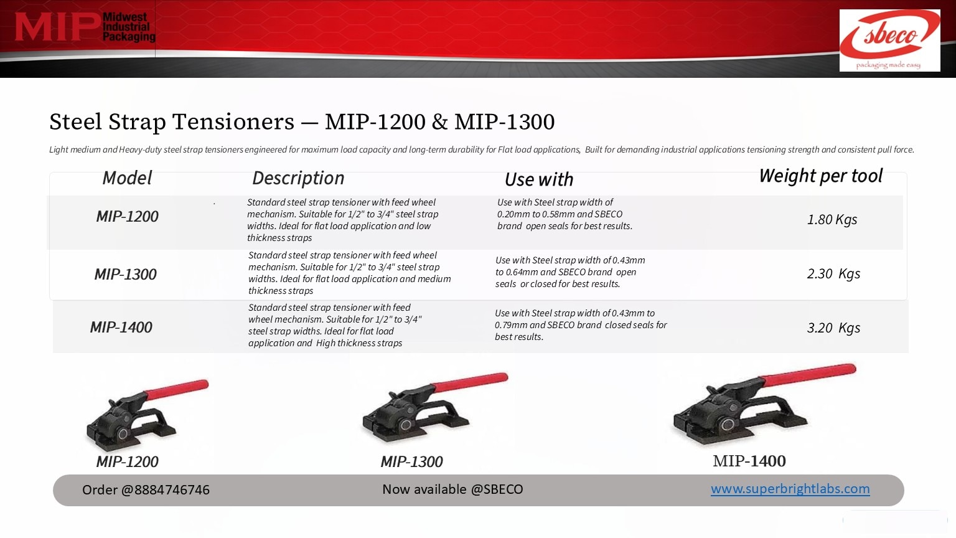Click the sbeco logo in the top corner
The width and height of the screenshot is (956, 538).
pos(890,40)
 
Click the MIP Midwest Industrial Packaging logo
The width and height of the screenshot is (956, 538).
pos(85,27)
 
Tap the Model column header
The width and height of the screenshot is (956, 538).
pos(127,177)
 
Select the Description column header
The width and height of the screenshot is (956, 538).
pos(298,178)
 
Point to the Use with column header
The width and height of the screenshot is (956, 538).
pos(538,179)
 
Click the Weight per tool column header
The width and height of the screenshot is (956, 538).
pos(820,176)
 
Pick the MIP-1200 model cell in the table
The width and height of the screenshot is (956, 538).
pos(127,217)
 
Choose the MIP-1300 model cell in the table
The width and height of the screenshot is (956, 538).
pos(126,274)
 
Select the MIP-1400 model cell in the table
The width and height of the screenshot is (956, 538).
pos(121,327)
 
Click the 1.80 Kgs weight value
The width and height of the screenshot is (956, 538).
pos(832,219)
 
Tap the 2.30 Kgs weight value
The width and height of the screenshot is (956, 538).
pos(833,273)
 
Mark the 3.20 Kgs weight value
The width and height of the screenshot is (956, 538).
pos(833,328)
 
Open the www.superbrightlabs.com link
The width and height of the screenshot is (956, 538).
pos(790,488)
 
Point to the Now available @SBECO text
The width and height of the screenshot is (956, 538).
pos(452,489)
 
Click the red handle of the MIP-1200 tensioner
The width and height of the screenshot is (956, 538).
pos(176,390)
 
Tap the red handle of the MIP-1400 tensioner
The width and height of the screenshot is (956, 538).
pos(808,375)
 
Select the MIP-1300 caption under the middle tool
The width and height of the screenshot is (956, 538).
pos(411,461)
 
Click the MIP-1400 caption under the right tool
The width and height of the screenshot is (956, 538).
pos(749,461)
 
